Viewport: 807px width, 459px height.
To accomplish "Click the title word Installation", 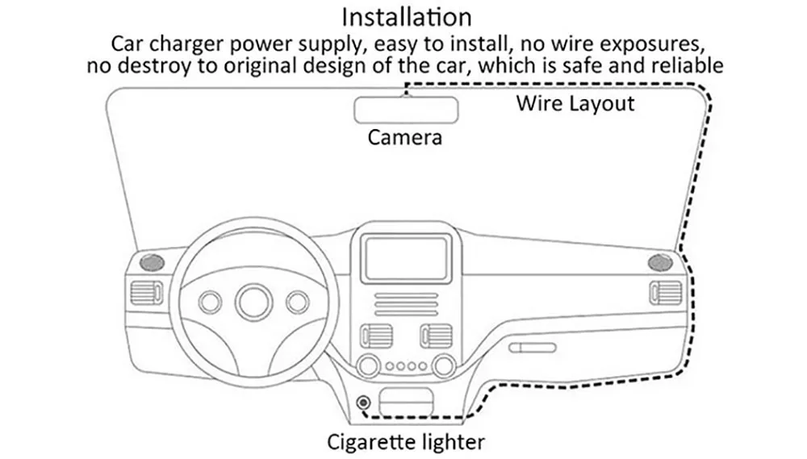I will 406,16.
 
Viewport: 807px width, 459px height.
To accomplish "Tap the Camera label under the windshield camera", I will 405,136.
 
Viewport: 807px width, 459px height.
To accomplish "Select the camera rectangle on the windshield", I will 407,109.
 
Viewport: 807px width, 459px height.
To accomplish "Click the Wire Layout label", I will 575,103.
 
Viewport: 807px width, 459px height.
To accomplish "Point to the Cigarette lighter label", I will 406,442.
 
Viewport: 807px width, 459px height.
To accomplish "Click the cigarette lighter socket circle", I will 364,402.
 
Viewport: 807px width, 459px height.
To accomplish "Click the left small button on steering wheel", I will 211,302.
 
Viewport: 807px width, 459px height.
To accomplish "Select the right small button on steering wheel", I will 296,302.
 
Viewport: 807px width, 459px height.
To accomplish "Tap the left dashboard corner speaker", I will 151,262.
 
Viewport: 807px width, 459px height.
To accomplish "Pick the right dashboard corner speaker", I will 660,262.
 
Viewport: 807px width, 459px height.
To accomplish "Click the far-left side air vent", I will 147,292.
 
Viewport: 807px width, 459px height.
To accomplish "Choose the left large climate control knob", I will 368,366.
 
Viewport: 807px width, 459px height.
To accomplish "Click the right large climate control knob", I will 442,366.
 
